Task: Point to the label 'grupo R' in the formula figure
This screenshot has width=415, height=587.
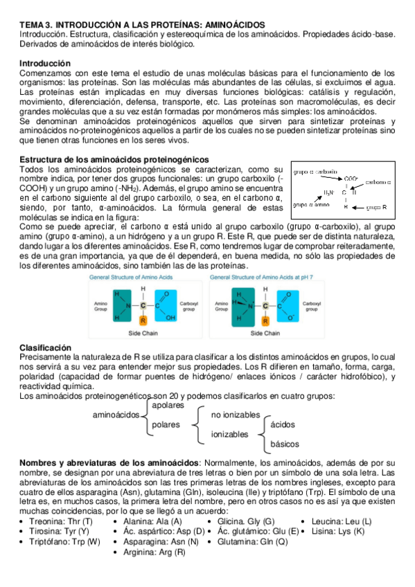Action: click(376, 207)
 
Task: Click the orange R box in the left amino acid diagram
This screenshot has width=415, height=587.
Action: click(143, 320)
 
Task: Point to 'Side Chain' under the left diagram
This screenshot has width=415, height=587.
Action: click(143, 333)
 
